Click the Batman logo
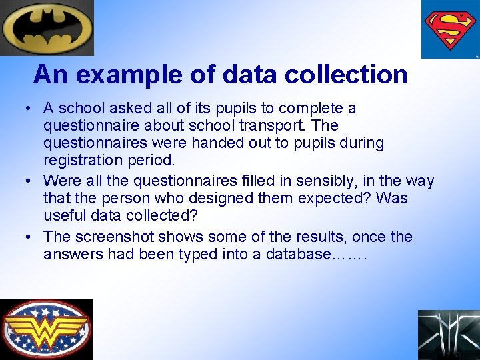pyautogui.click(x=47, y=27)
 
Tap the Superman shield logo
pyautogui.click(x=450, y=29)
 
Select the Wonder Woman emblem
pyautogui.click(x=45, y=329)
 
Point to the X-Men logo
pyautogui.click(x=449, y=335)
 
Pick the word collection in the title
pyautogui.click(x=346, y=74)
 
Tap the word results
pyautogui.click(x=318, y=237)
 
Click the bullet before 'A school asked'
pyautogui.click(x=29, y=109)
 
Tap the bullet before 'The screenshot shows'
pyautogui.click(x=29, y=237)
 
